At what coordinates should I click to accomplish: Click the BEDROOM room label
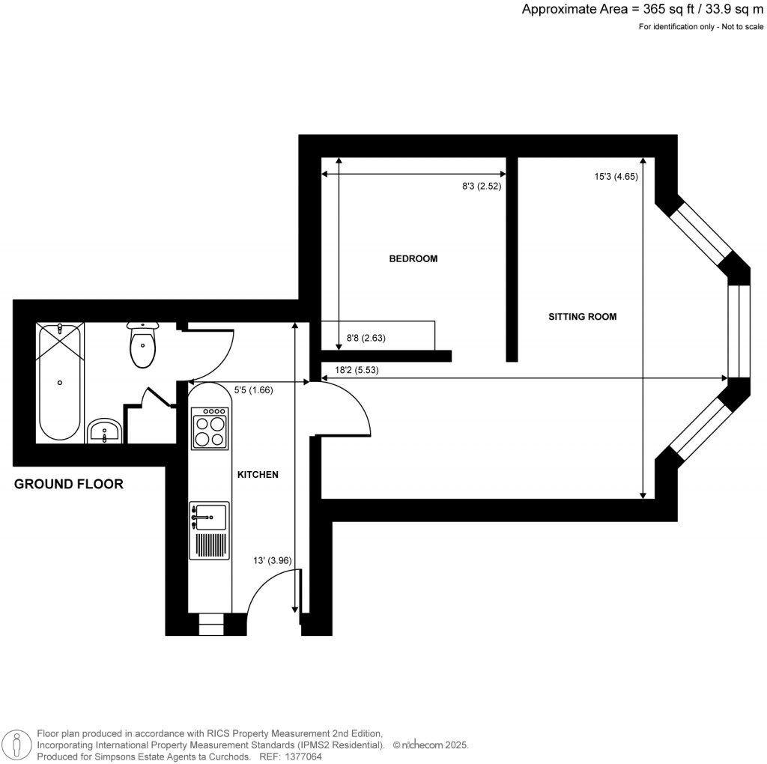(x=413, y=259)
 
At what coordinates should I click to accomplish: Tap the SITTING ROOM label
(x=583, y=317)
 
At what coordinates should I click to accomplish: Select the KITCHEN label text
(x=258, y=475)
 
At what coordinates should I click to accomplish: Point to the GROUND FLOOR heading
(x=69, y=485)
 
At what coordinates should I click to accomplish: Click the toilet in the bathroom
(x=142, y=346)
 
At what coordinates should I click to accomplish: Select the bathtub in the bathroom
(x=60, y=381)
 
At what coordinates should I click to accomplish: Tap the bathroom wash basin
(x=104, y=431)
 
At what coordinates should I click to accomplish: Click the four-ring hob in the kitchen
(x=210, y=428)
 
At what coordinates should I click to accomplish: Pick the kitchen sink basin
(x=210, y=516)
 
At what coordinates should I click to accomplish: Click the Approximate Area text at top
(x=643, y=10)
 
